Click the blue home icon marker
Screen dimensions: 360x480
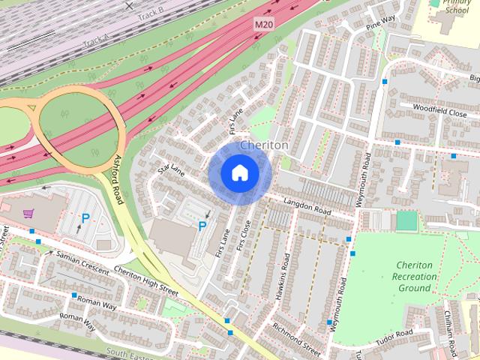(x=239, y=173)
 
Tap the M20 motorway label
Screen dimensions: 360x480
(x=263, y=25)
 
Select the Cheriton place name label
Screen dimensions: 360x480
(x=264, y=145)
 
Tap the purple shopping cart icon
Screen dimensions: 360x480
(x=28, y=214)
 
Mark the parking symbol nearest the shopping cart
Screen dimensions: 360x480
(x=85, y=219)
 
